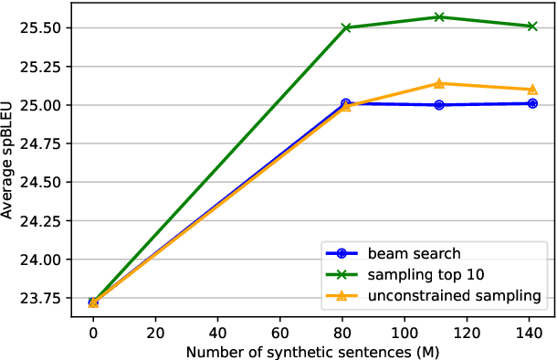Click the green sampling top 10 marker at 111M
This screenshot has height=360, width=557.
pyautogui.click(x=439, y=16)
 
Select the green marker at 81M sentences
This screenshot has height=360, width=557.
pyautogui.click(x=346, y=27)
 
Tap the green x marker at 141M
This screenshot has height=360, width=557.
pyautogui.click(x=532, y=26)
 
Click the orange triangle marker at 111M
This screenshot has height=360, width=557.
pyautogui.click(x=439, y=83)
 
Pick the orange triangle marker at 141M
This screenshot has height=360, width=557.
pyautogui.click(x=532, y=89)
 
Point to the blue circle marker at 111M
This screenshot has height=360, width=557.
pyautogui.click(x=439, y=105)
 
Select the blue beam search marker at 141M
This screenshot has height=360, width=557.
pyautogui.click(x=532, y=103)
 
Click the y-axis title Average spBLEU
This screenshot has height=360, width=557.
pyautogui.click(x=8, y=161)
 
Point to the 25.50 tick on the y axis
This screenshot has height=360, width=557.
pyautogui.click(x=44, y=28)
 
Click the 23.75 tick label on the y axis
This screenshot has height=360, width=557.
pyautogui.click(x=44, y=299)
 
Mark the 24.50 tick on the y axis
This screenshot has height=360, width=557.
pyautogui.click(x=44, y=183)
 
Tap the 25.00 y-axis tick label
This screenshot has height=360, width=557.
pyautogui.click(x=44, y=105)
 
